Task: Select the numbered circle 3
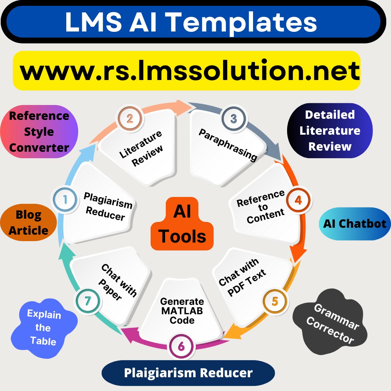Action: coord(234,119)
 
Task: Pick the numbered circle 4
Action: coord(298,200)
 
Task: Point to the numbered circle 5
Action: coord(275,301)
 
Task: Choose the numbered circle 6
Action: coord(181,346)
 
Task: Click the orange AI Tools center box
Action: coord(182,224)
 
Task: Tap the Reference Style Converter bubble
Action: coord(39,131)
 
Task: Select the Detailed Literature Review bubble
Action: coord(330,130)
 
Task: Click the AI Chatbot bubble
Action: coord(355,223)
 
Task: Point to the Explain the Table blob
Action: coord(43,328)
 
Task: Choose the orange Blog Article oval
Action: coord(29,223)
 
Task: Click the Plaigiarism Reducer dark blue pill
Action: coord(188,373)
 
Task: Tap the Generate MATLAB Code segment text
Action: coord(182,311)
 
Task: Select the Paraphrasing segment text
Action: coord(228,145)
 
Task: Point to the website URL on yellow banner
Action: coord(190,71)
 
